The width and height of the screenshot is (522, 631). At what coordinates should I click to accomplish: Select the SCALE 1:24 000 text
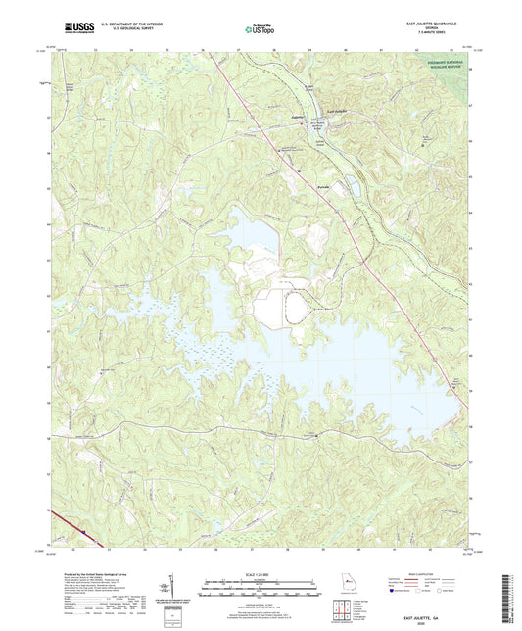click(x=260, y=574)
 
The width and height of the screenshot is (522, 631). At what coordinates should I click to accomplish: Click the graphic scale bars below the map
click(x=260, y=589)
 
